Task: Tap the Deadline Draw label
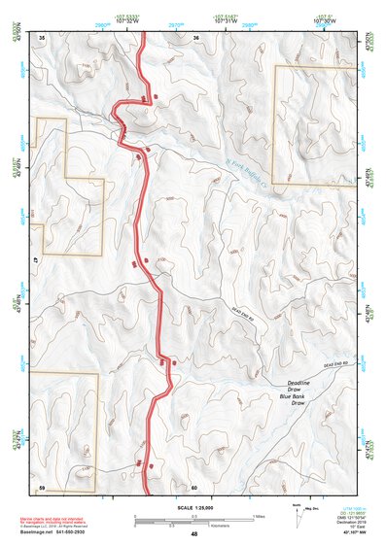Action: tap(292, 387)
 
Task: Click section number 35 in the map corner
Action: tap(42, 38)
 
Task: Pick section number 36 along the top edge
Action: tap(195, 38)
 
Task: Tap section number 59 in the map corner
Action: tap(42, 486)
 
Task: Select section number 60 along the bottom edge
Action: tap(194, 486)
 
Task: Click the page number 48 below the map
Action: tap(194, 534)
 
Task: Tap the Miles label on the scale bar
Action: tap(258, 515)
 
